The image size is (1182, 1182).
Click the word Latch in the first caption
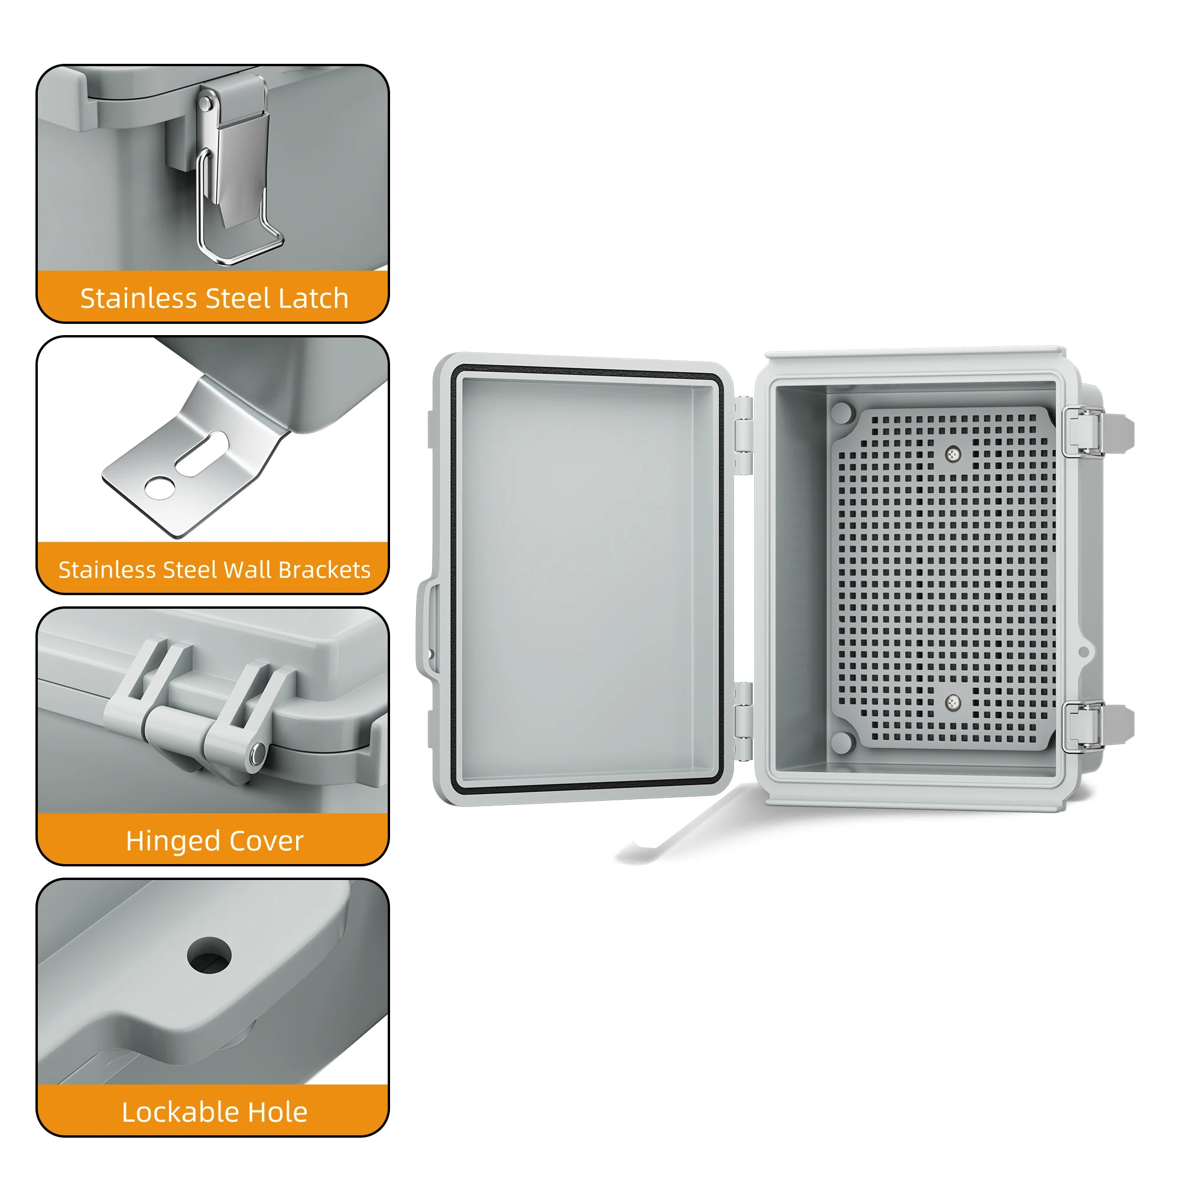point(313,298)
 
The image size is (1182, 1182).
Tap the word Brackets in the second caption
point(324,570)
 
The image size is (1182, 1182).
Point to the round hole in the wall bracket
point(160,488)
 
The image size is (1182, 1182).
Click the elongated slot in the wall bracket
point(202,453)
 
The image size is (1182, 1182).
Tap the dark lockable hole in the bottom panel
point(209,955)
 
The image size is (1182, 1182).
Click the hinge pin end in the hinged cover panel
point(258,754)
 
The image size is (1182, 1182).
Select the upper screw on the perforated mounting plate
point(953,454)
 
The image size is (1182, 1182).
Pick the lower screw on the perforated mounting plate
point(953,703)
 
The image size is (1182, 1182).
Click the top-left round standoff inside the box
point(842,413)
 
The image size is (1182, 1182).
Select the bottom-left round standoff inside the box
point(842,742)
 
